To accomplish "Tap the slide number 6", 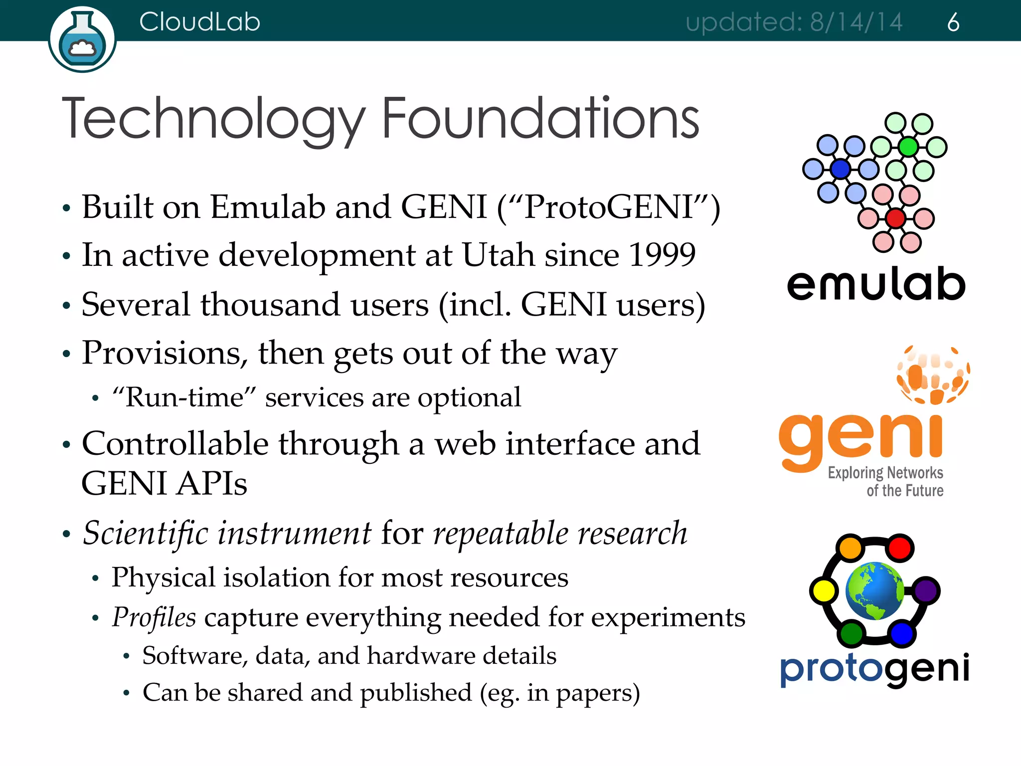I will pyautogui.click(x=953, y=22).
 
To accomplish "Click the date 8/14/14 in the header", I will pyautogui.click(x=856, y=22).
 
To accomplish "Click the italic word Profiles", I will pyautogui.click(x=154, y=617).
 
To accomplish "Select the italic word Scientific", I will pyautogui.click(x=145, y=533).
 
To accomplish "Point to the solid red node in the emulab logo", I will pyautogui.click(x=896, y=218).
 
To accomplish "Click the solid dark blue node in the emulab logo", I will pyautogui.click(x=841, y=169).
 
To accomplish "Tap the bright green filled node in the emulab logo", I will pyautogui.click(x=908, y=147).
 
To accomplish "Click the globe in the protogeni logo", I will pyautogui.click(x=875, y=591).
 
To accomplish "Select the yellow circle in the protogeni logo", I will pyautogui.click(x=824, y=591).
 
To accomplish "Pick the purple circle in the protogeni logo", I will pyautogui.click(x=926, y=591).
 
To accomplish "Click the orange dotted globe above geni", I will pyautogui.click(x=933, y=375).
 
